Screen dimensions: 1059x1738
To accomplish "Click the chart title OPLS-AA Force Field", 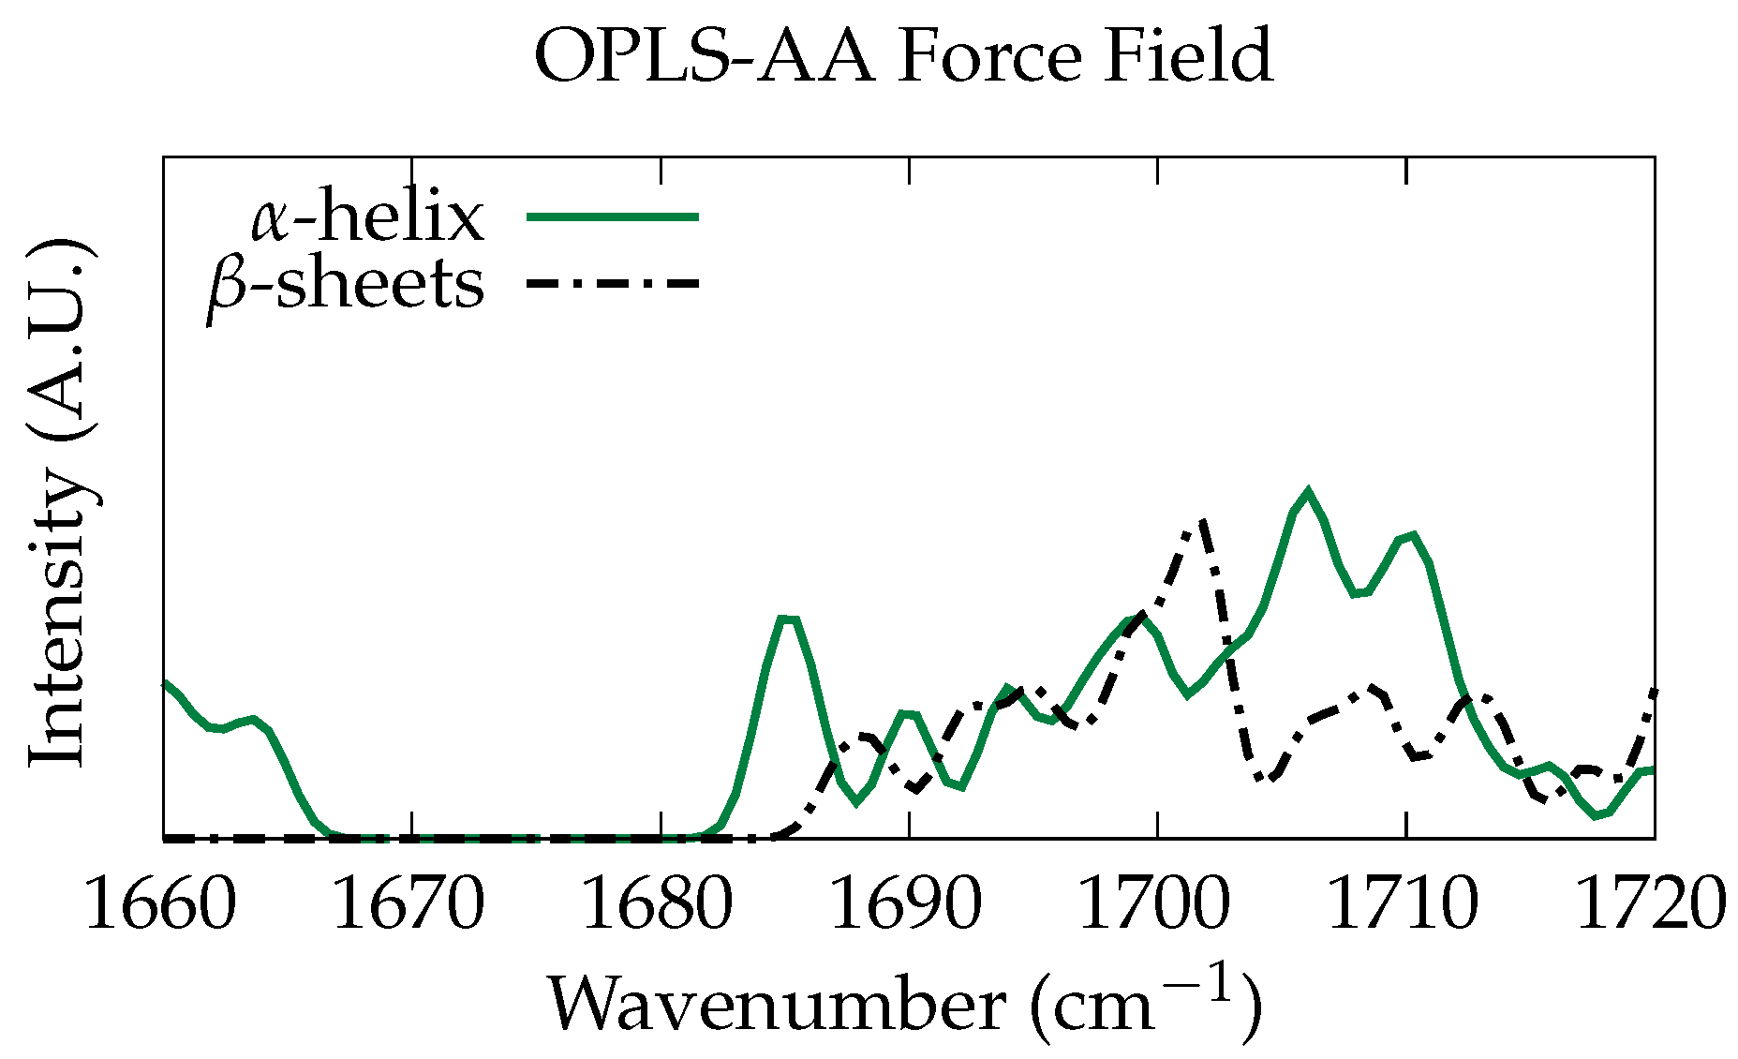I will pyautogui.click(x=902, y=56).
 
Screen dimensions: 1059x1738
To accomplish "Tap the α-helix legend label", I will pyautogui.click(x=367, y=217).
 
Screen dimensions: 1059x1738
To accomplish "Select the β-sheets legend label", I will pyautogui.click(x=347, y=285).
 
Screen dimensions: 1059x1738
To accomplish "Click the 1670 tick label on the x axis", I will pyautogui.click(x=409, y=904).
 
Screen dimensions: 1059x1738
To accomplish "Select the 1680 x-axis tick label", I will pyautogui.click(x=659, y=904).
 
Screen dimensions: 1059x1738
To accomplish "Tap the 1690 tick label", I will pyautogui.click(x=908, y=904).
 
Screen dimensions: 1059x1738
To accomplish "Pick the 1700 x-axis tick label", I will pyautogui.click(x=1156, y=904).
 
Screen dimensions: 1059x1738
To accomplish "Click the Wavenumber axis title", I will pyautogui.click(x=903, y=1005).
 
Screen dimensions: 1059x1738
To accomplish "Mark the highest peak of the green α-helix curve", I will pyautogui.click(x=1307, y=491).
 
